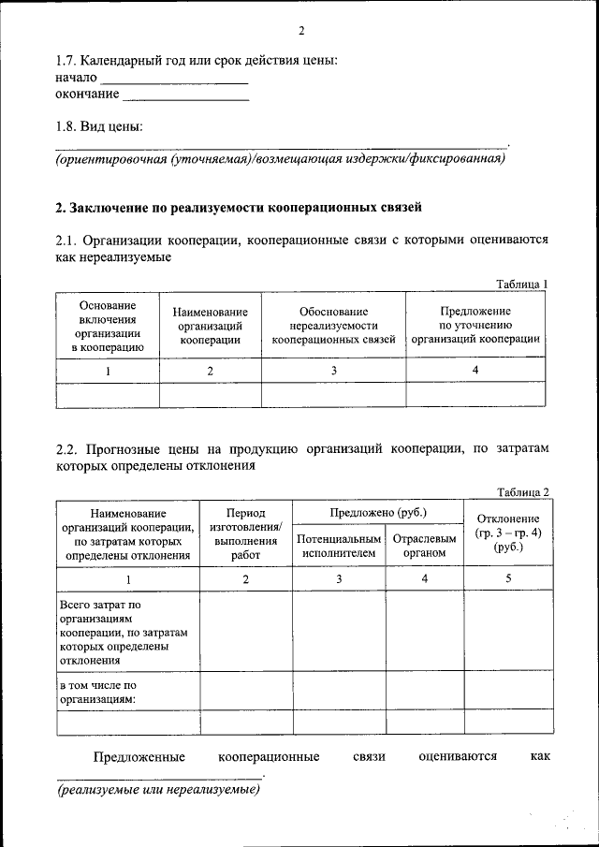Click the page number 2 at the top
coord(301,30)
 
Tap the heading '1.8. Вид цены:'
coord(100,126)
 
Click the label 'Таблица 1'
coord(521,285)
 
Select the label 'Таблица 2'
coord(521,492)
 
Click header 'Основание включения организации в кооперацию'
coord(108,327)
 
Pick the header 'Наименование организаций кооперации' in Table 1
coord(211,327)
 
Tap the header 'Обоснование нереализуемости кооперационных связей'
coord(334,327)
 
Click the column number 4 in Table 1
coord(475,371)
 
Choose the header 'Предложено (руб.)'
coord(378,513)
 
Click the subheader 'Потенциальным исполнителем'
coord(339,547)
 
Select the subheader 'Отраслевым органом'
coord(425,547)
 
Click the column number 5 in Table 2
coord(507,579)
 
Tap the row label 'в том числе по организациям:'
coord(97,692)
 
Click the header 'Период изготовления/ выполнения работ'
coord(246,533)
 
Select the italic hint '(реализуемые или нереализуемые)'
coord(157,790)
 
